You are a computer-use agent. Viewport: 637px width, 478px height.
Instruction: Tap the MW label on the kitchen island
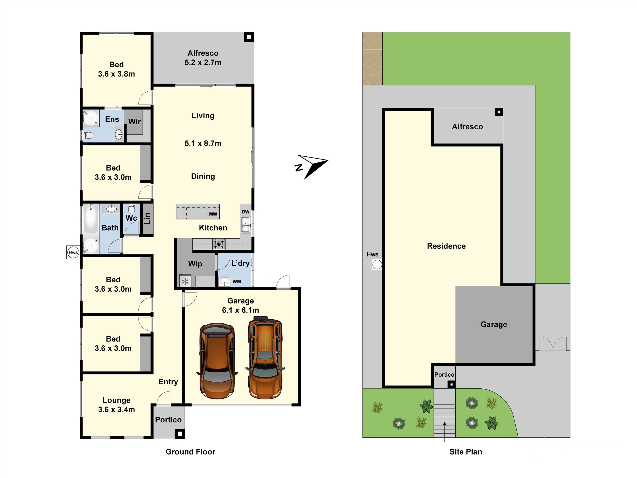point(213,214)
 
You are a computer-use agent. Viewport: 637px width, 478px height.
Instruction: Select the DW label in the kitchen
point(245,212)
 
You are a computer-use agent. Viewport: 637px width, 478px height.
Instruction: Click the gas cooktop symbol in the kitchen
point(219,244)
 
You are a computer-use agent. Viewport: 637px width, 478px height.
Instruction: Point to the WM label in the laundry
point(237,281)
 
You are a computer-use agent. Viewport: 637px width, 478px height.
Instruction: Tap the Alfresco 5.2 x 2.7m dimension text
point(203,63)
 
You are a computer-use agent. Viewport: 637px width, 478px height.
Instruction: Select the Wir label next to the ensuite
point(134,121)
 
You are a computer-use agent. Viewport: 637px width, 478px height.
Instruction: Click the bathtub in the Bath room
point(91,218)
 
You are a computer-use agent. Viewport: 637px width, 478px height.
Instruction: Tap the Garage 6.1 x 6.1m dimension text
point(240,310)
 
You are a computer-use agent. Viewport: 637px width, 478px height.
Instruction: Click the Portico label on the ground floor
point(169,420)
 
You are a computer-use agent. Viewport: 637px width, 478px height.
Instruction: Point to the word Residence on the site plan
point(446,246)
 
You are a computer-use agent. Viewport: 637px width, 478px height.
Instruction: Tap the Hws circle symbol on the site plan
point(377,264)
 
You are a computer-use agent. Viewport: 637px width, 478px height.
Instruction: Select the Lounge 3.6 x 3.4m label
point(116,405)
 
